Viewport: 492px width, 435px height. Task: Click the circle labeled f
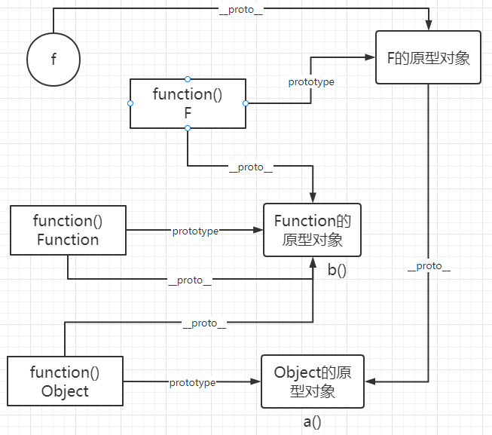[53, 60]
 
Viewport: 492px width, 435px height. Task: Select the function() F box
[188, 103]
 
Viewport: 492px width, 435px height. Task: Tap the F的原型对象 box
[428, 57]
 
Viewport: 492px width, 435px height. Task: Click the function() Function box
[68, 231]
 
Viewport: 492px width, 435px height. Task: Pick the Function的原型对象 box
[312, 231]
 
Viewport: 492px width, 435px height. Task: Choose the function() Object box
[65, 381]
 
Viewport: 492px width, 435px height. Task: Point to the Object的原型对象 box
[312, 381]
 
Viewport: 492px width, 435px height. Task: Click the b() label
[337, 269]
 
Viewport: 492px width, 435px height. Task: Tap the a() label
[312, 421]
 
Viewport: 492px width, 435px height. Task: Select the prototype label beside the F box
[311, 81]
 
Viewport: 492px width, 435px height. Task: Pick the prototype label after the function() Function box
[195, 231]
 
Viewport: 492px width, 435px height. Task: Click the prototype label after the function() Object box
[192, 383]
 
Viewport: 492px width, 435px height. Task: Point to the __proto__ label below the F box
[250, 167]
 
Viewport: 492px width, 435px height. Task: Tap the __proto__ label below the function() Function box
[190, 280]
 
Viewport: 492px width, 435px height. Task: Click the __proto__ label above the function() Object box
[205, 323]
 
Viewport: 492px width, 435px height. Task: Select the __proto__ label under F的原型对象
[429, 267]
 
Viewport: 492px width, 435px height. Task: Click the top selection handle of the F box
[188, 78]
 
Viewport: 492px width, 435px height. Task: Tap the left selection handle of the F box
[130, 103]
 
